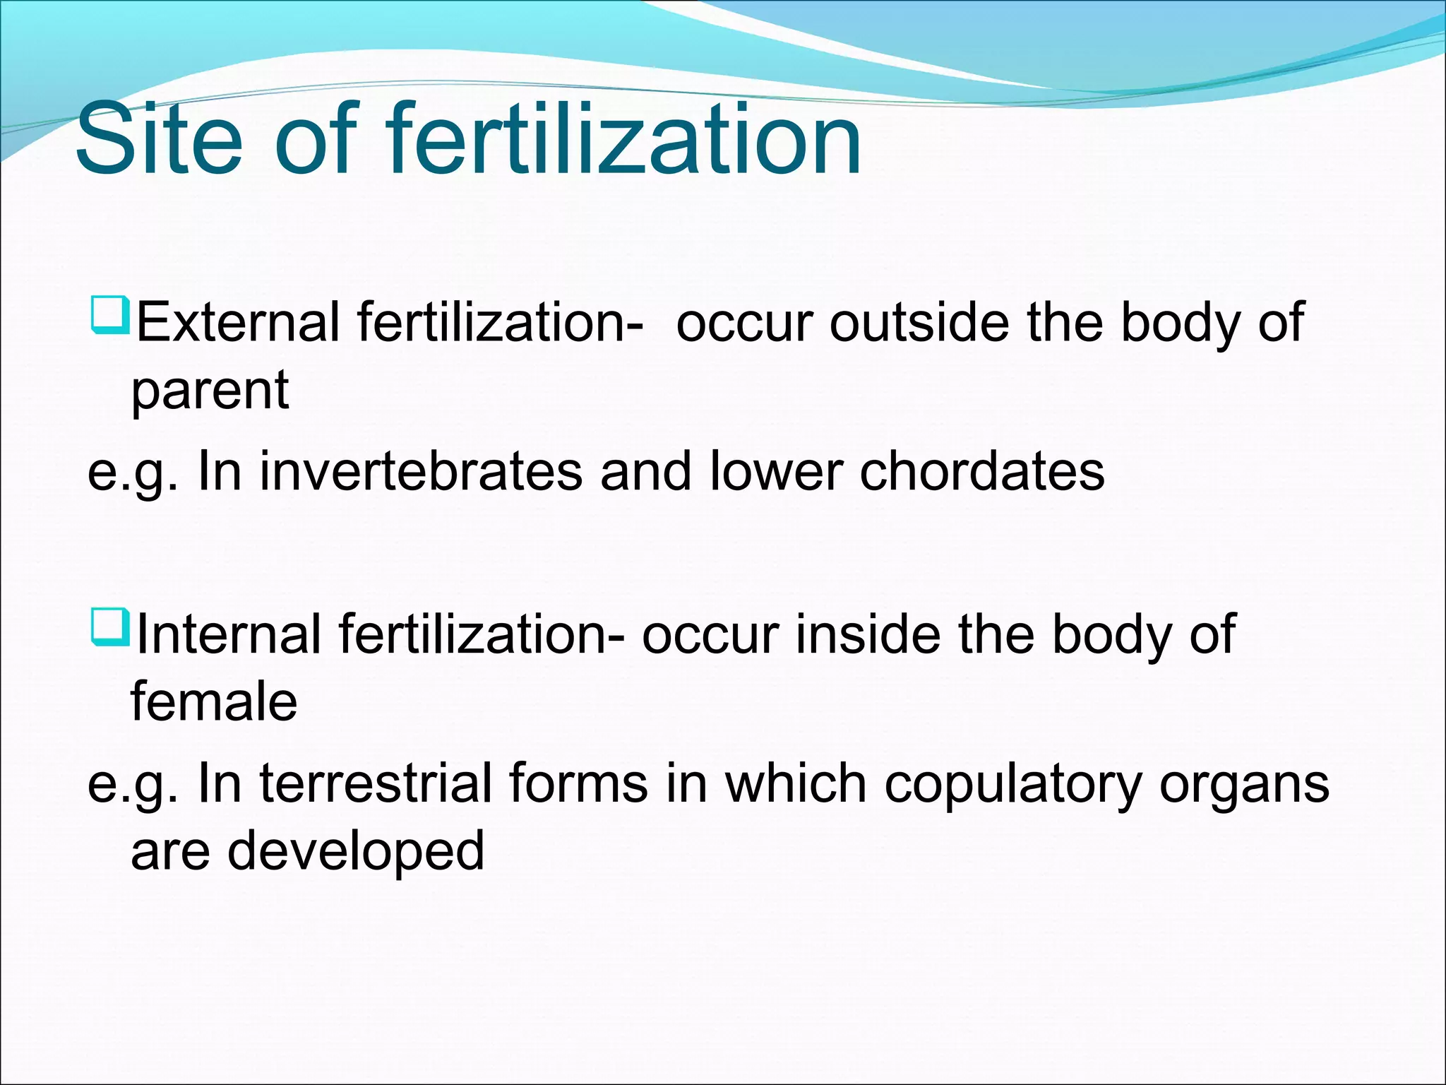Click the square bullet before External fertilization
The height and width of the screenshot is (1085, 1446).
tap(109, 315)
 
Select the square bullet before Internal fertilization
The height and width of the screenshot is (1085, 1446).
tap(109, 627)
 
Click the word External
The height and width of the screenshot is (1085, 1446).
tap(237, 322)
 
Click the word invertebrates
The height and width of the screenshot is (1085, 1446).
tap(421, 471)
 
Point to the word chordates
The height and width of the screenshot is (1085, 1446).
tap(981, 471)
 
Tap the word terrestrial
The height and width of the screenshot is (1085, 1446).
tap(376, 783)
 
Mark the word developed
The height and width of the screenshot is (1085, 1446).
tap(355, 852)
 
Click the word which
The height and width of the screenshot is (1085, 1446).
tap(796, 783)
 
